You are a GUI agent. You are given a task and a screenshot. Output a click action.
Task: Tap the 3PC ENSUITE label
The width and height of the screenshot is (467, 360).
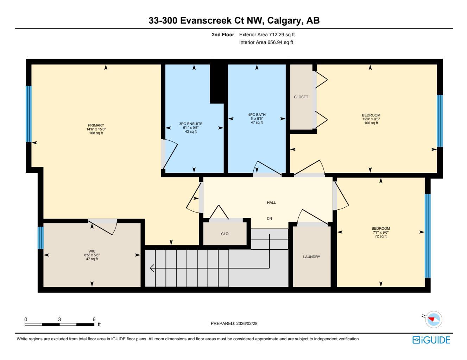191,124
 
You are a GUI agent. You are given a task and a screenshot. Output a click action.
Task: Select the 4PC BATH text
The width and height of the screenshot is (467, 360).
257,115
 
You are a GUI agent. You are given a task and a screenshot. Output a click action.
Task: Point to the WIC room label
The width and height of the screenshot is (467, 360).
92,251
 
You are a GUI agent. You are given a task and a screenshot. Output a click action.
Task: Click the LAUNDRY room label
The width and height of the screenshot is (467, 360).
311,257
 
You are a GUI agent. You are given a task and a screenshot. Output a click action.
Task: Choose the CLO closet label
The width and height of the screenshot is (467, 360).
225,234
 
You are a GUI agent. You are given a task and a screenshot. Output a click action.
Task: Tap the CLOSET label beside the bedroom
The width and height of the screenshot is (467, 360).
301,97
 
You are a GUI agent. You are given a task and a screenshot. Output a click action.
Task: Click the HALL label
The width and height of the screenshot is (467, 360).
271,203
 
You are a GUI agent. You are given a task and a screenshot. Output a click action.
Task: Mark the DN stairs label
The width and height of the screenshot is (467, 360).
269,219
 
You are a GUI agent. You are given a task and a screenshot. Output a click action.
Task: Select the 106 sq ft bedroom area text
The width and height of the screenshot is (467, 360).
371,123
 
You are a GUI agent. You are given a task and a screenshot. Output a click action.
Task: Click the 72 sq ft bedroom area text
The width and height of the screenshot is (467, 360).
380,236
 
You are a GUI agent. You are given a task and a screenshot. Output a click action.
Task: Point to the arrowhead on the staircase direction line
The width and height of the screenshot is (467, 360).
152,269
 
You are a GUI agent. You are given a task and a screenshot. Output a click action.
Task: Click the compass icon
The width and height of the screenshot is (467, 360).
433,320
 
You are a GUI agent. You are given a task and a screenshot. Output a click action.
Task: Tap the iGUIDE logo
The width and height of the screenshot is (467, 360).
431,340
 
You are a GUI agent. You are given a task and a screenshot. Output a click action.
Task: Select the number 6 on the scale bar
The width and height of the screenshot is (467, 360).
94,319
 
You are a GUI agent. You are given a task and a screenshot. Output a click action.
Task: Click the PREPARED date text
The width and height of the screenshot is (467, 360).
234,323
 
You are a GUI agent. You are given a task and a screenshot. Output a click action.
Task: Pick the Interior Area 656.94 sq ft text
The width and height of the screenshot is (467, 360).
266,43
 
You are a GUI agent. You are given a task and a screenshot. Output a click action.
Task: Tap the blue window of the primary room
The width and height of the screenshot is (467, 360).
29,114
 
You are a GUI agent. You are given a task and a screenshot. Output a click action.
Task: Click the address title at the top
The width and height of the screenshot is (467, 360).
234,21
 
